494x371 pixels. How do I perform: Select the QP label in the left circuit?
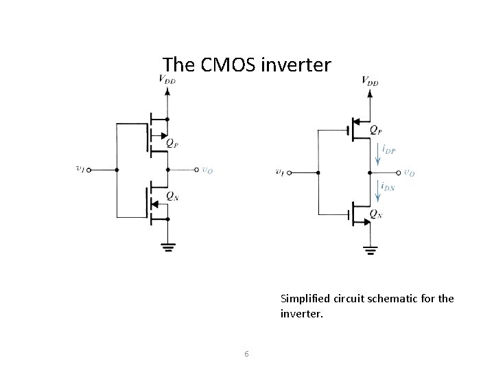(174, 145)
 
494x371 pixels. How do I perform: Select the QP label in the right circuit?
(376, 129)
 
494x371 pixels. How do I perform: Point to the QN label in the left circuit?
(172, 197)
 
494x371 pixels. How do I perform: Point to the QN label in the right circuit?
(375, 214)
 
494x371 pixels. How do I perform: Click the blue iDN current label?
(388, 185)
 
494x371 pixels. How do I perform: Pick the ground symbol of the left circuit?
(167, 248)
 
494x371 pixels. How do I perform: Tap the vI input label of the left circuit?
(81, 169)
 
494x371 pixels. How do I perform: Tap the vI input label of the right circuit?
(281, 172)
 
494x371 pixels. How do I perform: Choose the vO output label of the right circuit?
(409, 172)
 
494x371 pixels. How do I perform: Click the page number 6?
(246, 354)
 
